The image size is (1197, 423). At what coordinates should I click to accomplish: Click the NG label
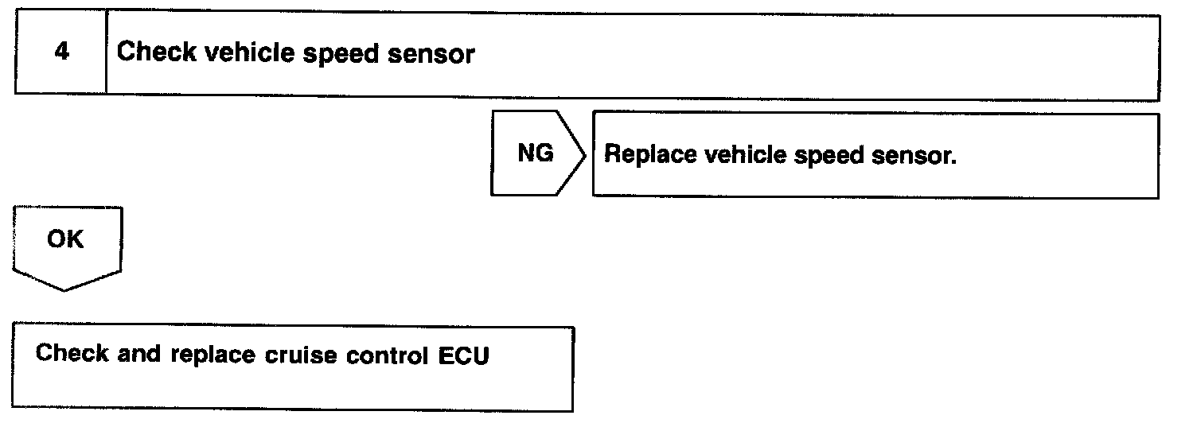[535, 153]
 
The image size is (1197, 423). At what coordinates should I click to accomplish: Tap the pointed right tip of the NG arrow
[586, 154]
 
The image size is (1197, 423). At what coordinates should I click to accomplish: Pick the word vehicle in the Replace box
[740, 154]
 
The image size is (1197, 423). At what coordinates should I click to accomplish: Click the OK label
[65, 239]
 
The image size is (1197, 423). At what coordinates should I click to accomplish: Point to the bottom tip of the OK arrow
[64, 289]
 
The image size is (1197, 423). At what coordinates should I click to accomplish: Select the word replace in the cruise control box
[212, 355]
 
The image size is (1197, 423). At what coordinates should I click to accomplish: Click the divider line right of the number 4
[106, 54]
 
